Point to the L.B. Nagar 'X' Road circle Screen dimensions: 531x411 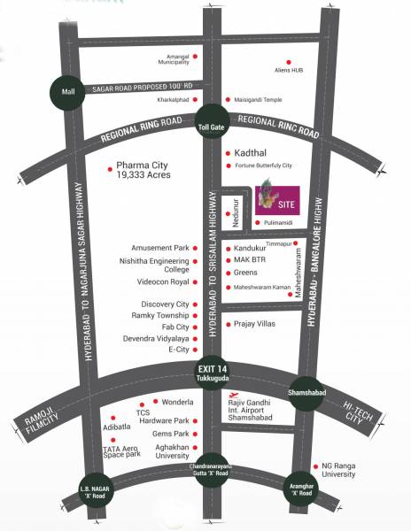tap(92, 491)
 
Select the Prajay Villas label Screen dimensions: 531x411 tap(256, 325)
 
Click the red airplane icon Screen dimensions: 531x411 tap(233, 397)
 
